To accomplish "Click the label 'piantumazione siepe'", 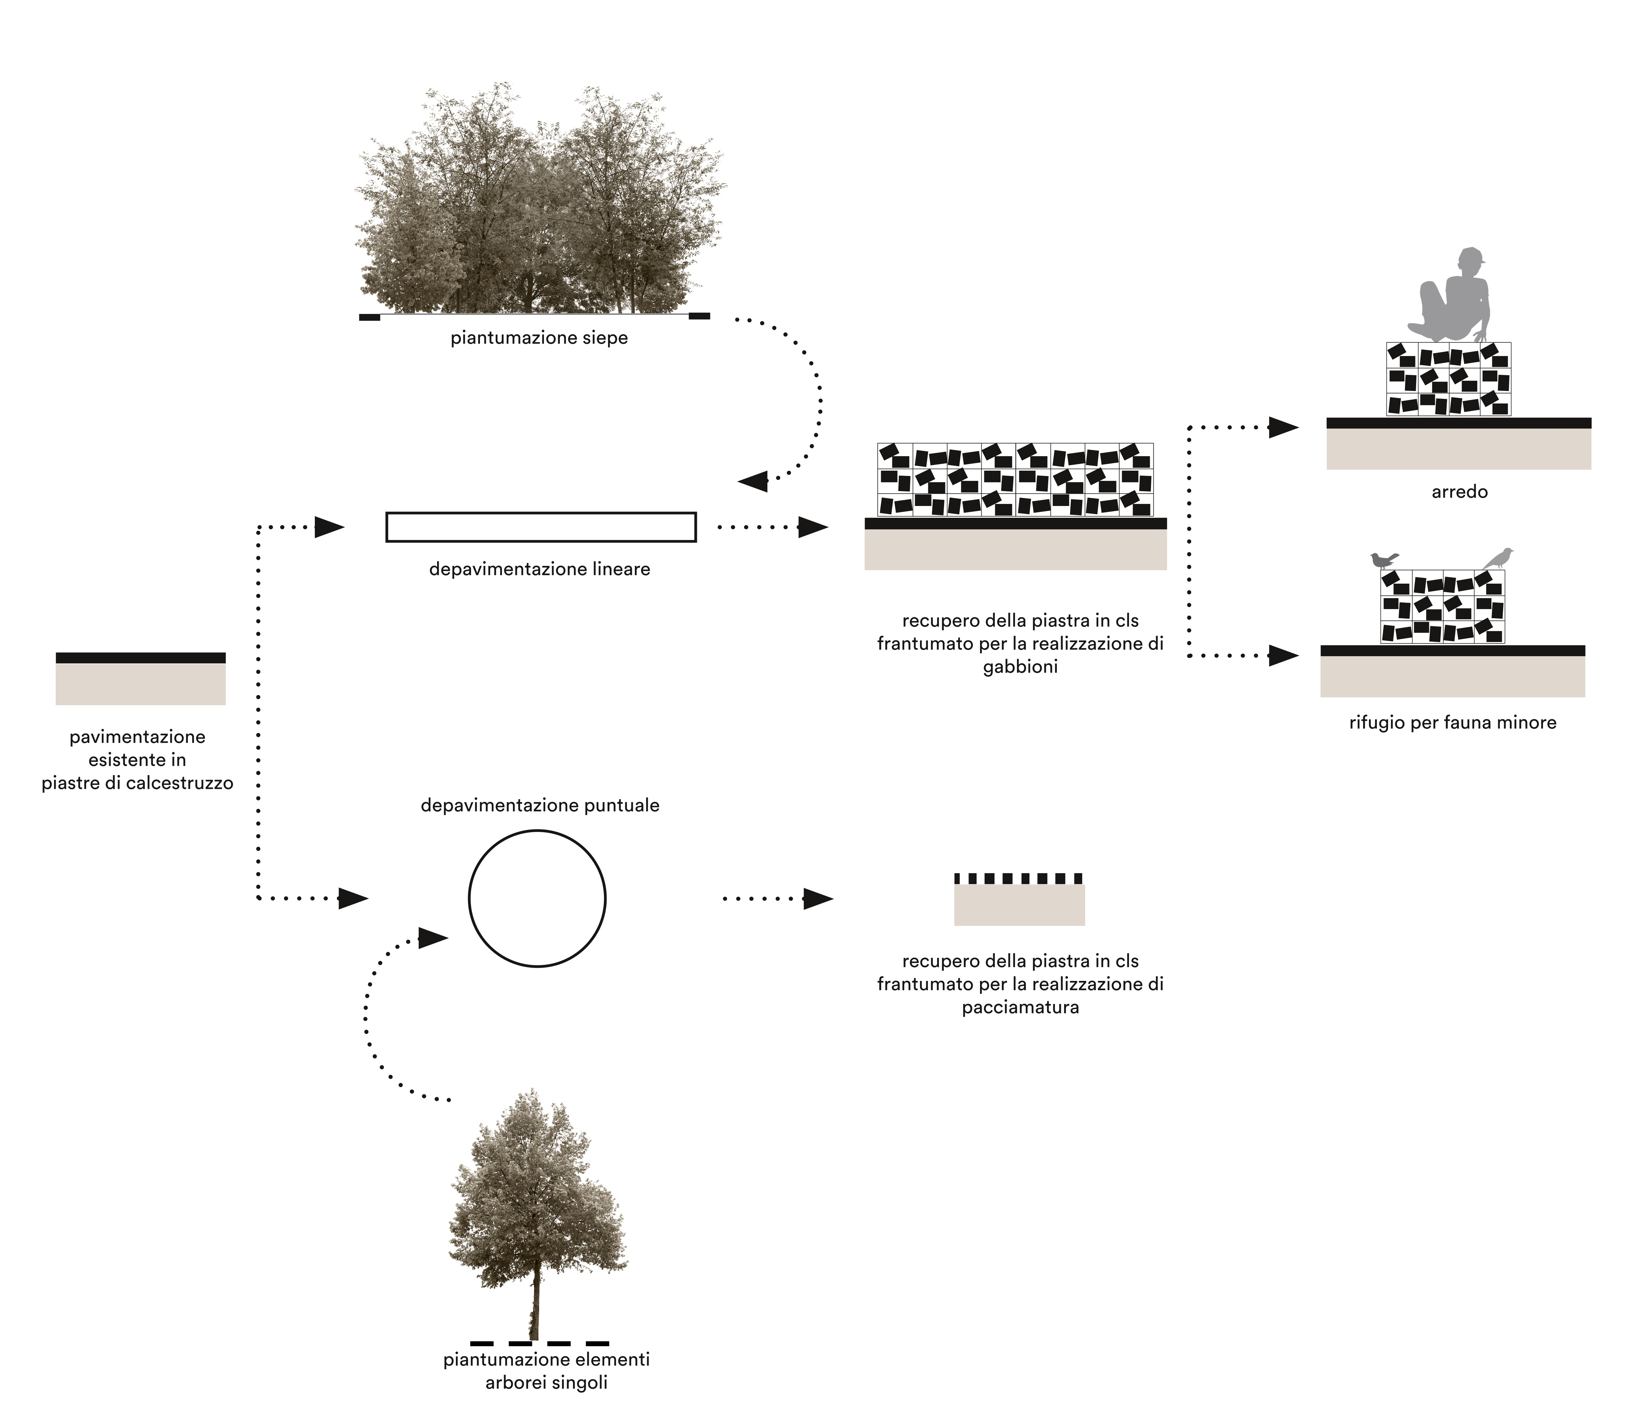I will click(539, 338).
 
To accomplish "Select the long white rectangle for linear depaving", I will click(541, 527).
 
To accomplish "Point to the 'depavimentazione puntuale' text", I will click(540, 806).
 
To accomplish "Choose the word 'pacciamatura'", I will click(1021, 1008).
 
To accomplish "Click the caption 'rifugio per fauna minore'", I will click(1453, 723).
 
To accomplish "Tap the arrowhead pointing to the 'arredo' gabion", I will click(1283, 428).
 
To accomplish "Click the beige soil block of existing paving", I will click(140, 684).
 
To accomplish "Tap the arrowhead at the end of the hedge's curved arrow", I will click(753, 480).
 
